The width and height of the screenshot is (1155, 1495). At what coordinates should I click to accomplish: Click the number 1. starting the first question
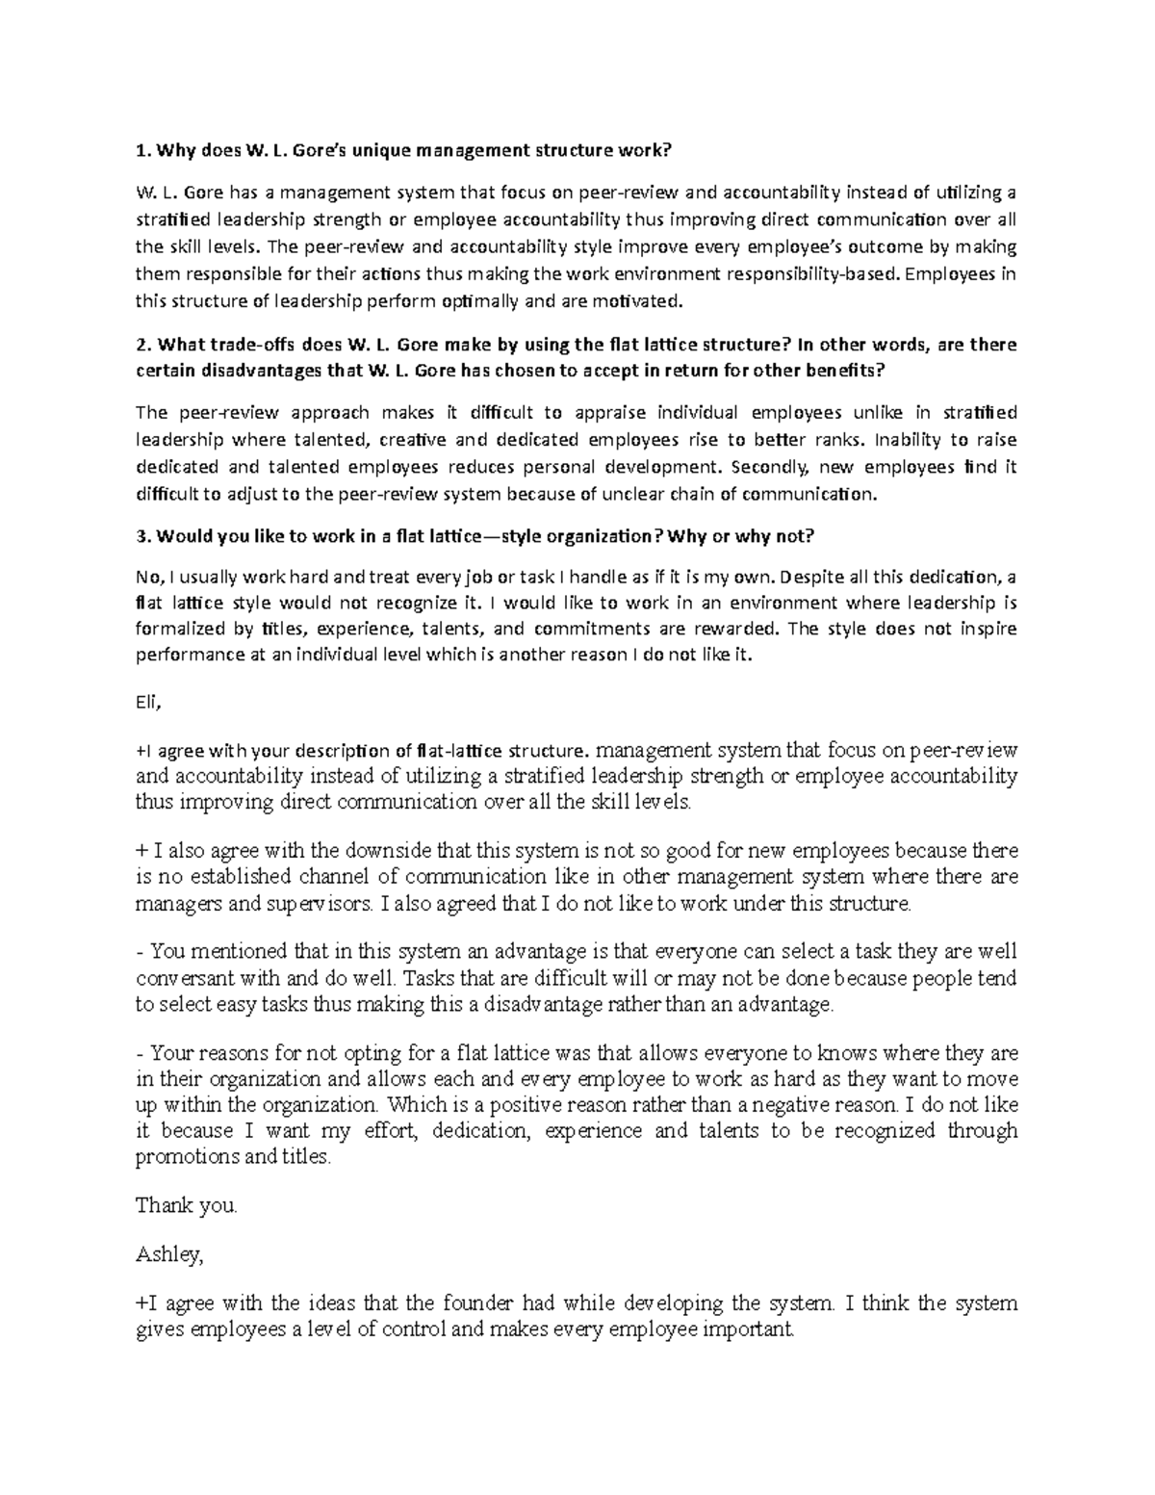(142, 150)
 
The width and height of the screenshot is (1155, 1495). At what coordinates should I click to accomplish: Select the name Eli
(148, 703)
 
